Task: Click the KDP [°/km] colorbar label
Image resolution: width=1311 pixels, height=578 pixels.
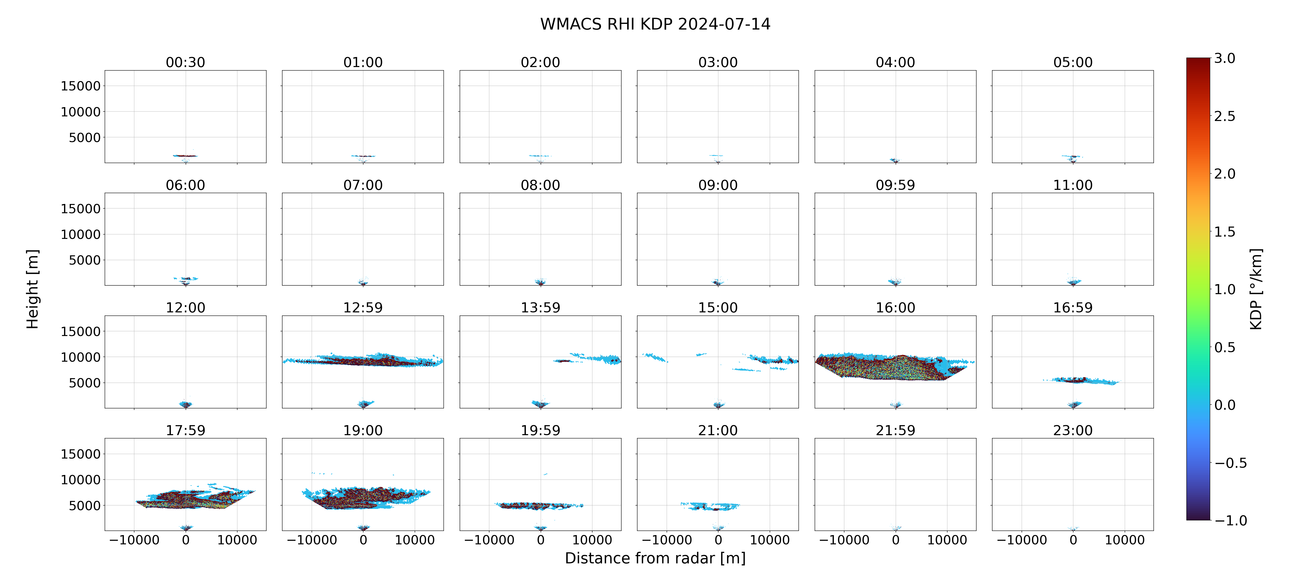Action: [1256, 289]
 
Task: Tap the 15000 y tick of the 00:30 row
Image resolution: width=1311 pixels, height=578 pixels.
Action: [80, 86]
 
